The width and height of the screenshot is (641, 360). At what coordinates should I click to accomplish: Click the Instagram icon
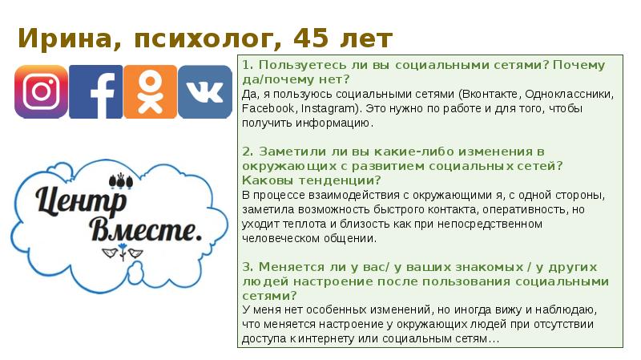coord(41,91)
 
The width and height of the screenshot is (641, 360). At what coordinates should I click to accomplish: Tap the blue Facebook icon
coord(96,91)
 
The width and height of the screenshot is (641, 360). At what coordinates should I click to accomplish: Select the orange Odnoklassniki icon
coord(150,91)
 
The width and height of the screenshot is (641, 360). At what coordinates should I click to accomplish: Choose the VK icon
coord(204,91)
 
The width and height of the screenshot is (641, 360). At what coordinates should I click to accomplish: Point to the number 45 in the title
coord(311,38)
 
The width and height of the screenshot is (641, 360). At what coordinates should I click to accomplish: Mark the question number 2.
coord(245,152)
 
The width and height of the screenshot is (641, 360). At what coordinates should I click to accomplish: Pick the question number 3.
coord(245,267)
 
